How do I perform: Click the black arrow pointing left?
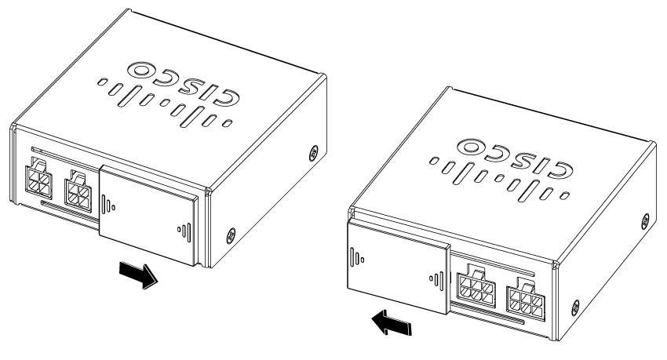[391, 322]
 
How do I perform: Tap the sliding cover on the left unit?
[149, 215]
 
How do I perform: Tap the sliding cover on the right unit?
[398, 267]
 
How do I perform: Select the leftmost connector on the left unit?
[38, 181]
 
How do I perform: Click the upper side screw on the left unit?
[313, 151]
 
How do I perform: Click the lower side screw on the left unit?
[230, 235]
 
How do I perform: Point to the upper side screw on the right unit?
[645, 220]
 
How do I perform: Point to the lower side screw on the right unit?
[575, 307]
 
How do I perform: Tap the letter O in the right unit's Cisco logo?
[472, 147]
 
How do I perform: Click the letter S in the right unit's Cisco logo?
[519, 161]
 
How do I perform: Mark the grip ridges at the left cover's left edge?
[108, 204]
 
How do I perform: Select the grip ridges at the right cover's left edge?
[356, 256]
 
